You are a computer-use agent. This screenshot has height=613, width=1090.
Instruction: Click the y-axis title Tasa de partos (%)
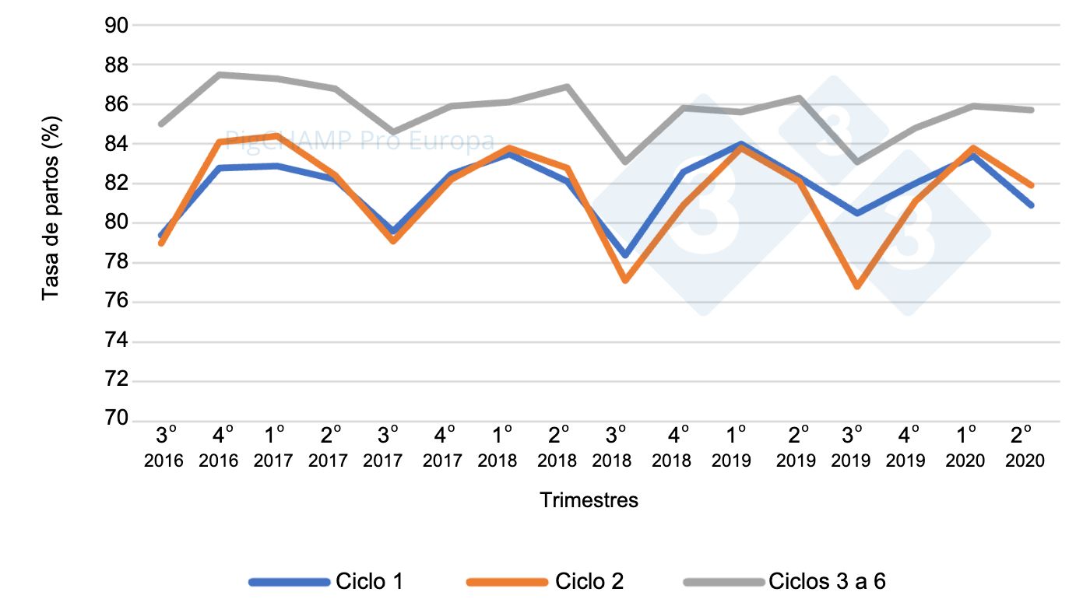click(51, 208)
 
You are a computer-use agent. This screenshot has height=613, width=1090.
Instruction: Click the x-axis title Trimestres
click(589, 500)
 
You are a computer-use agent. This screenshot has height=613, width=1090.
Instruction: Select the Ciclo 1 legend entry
click(369, 581)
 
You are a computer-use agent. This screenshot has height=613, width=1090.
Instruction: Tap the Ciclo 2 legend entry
click(589, 581)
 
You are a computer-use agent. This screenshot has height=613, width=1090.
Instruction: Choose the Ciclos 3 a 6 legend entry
click(827, 581)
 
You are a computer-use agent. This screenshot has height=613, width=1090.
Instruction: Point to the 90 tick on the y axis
click(115, 26)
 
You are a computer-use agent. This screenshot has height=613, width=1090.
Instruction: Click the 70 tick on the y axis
click(115, 419)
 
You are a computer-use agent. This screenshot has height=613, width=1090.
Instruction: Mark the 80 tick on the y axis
click(115, 223)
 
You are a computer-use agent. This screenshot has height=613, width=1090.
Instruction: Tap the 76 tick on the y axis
click(115, 302)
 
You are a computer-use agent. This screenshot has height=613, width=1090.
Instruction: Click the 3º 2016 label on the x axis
click(163, 447)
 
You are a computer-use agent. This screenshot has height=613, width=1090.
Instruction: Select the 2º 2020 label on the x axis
click(1024, 447)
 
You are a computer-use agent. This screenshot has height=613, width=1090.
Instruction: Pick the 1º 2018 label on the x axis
click(498, 447)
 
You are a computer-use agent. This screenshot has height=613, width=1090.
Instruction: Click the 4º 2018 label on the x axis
click(671, 447)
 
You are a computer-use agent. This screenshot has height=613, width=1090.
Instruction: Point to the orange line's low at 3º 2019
click(857, 286)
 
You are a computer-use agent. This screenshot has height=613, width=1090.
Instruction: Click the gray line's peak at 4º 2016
click(220, 75)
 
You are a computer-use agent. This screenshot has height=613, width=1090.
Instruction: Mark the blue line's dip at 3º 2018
click(625, 255)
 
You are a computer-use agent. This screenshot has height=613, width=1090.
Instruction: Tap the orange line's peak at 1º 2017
click(277, 136)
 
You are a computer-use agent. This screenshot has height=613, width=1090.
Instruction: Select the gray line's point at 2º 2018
click(568, 86)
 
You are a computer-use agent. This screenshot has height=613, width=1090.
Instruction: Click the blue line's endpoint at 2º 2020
click(1032, 205)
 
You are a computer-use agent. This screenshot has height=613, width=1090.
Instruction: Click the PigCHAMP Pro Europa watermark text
click(360, 141)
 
